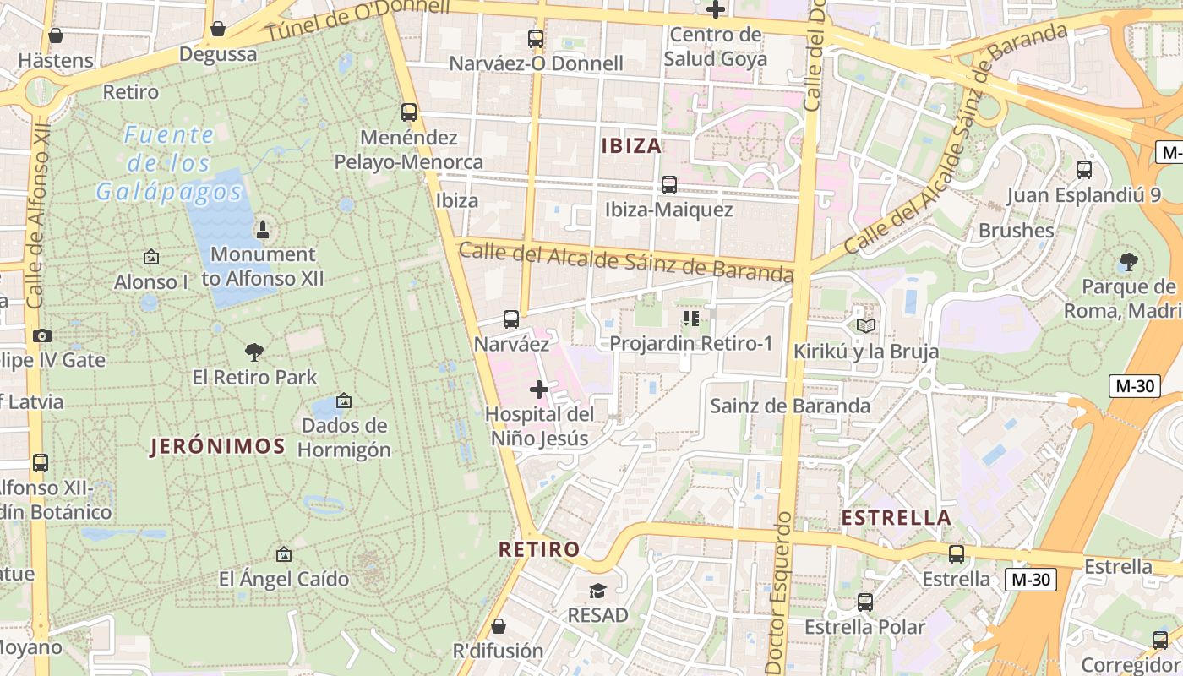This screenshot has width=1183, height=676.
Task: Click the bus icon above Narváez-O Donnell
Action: pos(535,38)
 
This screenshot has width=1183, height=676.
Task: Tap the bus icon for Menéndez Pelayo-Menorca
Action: pos(409,112)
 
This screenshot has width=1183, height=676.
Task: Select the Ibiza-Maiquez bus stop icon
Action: pos(669,184)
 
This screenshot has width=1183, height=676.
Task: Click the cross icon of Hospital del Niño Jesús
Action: pos(538,390)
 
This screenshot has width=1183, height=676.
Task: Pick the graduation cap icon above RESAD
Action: pos(598,590)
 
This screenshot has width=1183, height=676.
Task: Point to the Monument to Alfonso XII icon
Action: pos(263,229)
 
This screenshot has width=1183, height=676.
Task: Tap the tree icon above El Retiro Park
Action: pos(254,352)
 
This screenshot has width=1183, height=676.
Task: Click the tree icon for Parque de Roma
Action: pos(1127,262)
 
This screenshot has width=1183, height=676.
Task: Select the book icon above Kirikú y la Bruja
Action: pos(866,325)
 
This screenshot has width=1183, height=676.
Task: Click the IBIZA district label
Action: pos(631,146)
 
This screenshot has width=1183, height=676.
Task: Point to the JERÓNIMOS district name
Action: pos(218,446)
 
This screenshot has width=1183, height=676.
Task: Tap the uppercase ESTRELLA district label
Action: pos(896,517)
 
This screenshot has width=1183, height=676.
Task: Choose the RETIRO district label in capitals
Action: pos(539,549)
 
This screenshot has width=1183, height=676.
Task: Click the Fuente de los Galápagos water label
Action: pos(168,163)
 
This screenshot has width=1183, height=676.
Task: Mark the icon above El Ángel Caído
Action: pos(284,554)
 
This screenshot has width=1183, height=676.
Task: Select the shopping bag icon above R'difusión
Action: pos(499,626)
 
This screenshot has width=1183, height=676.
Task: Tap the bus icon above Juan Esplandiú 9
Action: pos(1084,170)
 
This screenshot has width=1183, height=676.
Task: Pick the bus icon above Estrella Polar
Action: pos(865,602)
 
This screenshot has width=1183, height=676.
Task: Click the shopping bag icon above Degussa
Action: pos(218,30)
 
